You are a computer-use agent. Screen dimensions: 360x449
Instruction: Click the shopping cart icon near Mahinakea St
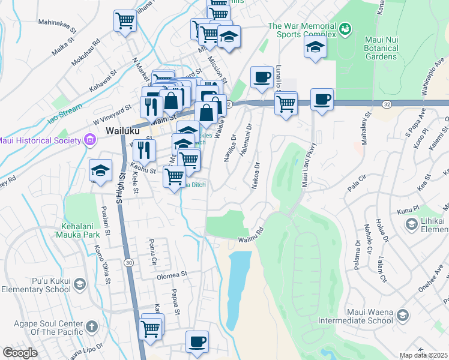tap(125, 21)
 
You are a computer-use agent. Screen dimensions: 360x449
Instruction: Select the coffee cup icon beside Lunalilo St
tap(261, 77)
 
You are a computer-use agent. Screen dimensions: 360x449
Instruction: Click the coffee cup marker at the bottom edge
tap(197, 341)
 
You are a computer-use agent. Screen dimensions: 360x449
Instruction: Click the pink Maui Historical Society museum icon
tap(90, 141)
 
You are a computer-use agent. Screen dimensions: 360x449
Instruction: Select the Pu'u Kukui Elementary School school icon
tap(82, 284)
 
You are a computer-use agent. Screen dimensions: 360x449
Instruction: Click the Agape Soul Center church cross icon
tap(91, 327)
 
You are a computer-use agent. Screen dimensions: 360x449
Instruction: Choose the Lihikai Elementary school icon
tap(412, 224)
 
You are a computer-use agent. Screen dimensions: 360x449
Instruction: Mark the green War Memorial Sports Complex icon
tap(345, 28)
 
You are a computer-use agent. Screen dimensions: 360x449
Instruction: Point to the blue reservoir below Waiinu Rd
tap(239, 282)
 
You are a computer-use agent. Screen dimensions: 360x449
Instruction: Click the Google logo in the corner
tap(20, 353)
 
